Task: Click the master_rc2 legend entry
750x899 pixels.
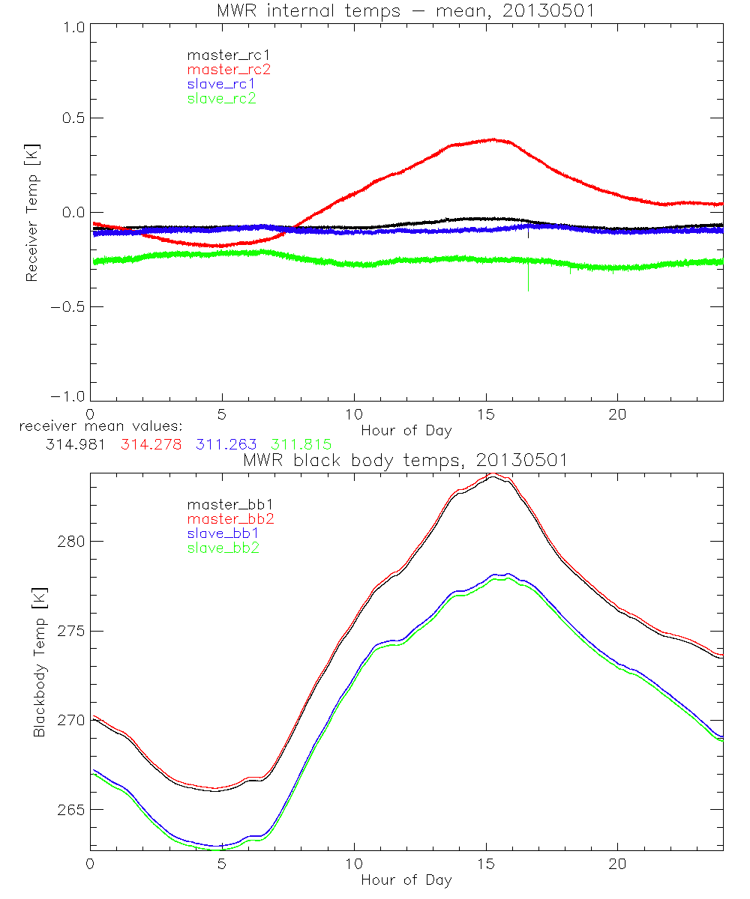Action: click(x=229, y=69)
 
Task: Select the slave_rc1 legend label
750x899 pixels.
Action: click(x=221, y=83)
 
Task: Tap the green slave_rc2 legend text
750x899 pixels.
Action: click(x=221, y=98)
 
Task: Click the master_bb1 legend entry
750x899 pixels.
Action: click(x=229, y=505)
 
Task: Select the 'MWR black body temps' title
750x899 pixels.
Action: click(x=406, y=460)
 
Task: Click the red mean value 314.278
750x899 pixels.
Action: click(x=151, y=444)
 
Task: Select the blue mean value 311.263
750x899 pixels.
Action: click(x=227, y=444)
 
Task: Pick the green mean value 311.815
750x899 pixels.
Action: click(x=301, y=444)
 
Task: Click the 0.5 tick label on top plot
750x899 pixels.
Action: click(x=69, y=118)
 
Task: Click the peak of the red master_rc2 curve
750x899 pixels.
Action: click(x=493, y=139)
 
